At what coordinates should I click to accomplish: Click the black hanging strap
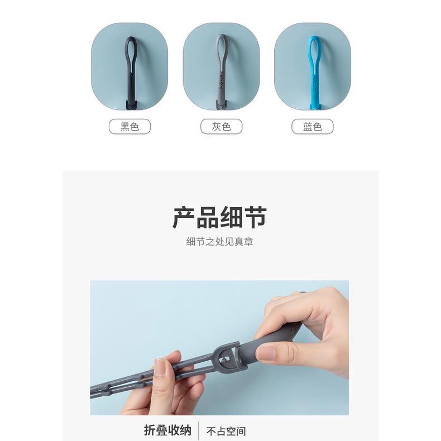point(130,78)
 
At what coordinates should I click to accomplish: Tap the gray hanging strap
point(221,78)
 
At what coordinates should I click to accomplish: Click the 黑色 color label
point(130,127)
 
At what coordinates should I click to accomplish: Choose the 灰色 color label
point(221,127)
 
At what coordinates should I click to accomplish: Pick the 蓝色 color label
point(313,127)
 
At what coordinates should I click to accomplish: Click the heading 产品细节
point(220,217)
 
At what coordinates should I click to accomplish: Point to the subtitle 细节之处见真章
point(220,242)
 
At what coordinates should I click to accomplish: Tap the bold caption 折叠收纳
point(167,430)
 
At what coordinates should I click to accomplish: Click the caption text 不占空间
point(226,431)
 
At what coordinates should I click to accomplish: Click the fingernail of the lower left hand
point(161,367)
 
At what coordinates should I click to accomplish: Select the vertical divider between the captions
point(199,430)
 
